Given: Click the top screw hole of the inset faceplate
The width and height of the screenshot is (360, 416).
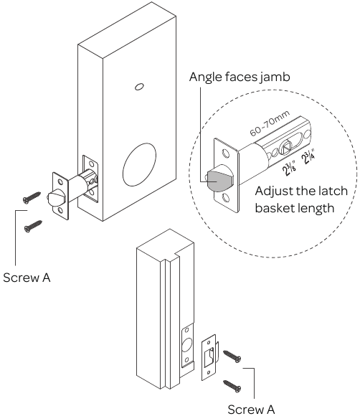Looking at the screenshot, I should pyautogui.click(x=227, y=153).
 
